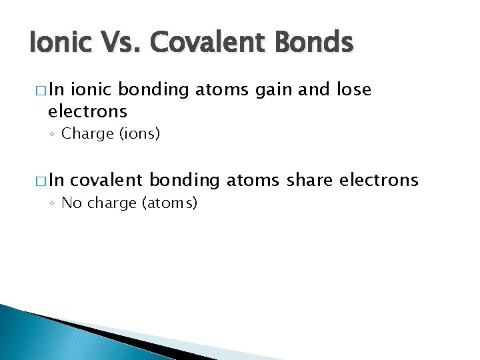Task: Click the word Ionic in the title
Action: pyautogui.click(x=59, y=44)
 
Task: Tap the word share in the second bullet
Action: pyautogui.click(x=312, y=180)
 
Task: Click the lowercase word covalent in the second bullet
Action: pyautogui.click(x=107, y=180)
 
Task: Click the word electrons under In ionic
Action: pyautogui.click(x=87, y=110)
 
